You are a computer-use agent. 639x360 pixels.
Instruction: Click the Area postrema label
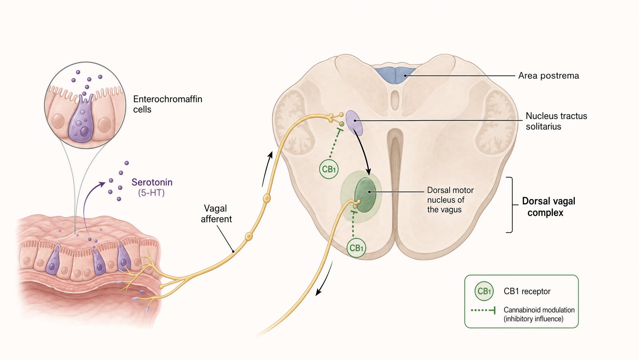click(x=548, y=76)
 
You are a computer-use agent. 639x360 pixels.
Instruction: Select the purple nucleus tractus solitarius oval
click(x=353, y=121)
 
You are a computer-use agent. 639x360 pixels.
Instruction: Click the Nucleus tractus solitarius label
click(x=556, y=121)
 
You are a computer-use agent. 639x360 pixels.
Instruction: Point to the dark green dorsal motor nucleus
click(x=365, y=195)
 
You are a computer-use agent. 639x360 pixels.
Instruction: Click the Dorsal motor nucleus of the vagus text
click(x=450, y=200)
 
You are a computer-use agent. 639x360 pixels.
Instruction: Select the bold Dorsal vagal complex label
click(x=548, y=207)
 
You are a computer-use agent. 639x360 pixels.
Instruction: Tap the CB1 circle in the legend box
click(x=484, y=291)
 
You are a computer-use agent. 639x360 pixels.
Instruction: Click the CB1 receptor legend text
click(x=527, y=291)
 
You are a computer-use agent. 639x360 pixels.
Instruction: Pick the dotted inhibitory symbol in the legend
click(x=483, y=310)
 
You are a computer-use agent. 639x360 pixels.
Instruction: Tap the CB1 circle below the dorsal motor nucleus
click(x=356, y=248)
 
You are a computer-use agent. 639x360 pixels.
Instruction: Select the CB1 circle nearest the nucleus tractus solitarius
click(x=329, y=169)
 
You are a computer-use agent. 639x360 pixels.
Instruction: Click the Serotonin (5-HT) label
click(x=152, y=187)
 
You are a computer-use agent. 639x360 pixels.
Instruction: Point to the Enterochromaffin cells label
click(x=167, y=104)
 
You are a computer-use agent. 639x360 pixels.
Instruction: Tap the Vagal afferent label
click(x=216, y=214)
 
